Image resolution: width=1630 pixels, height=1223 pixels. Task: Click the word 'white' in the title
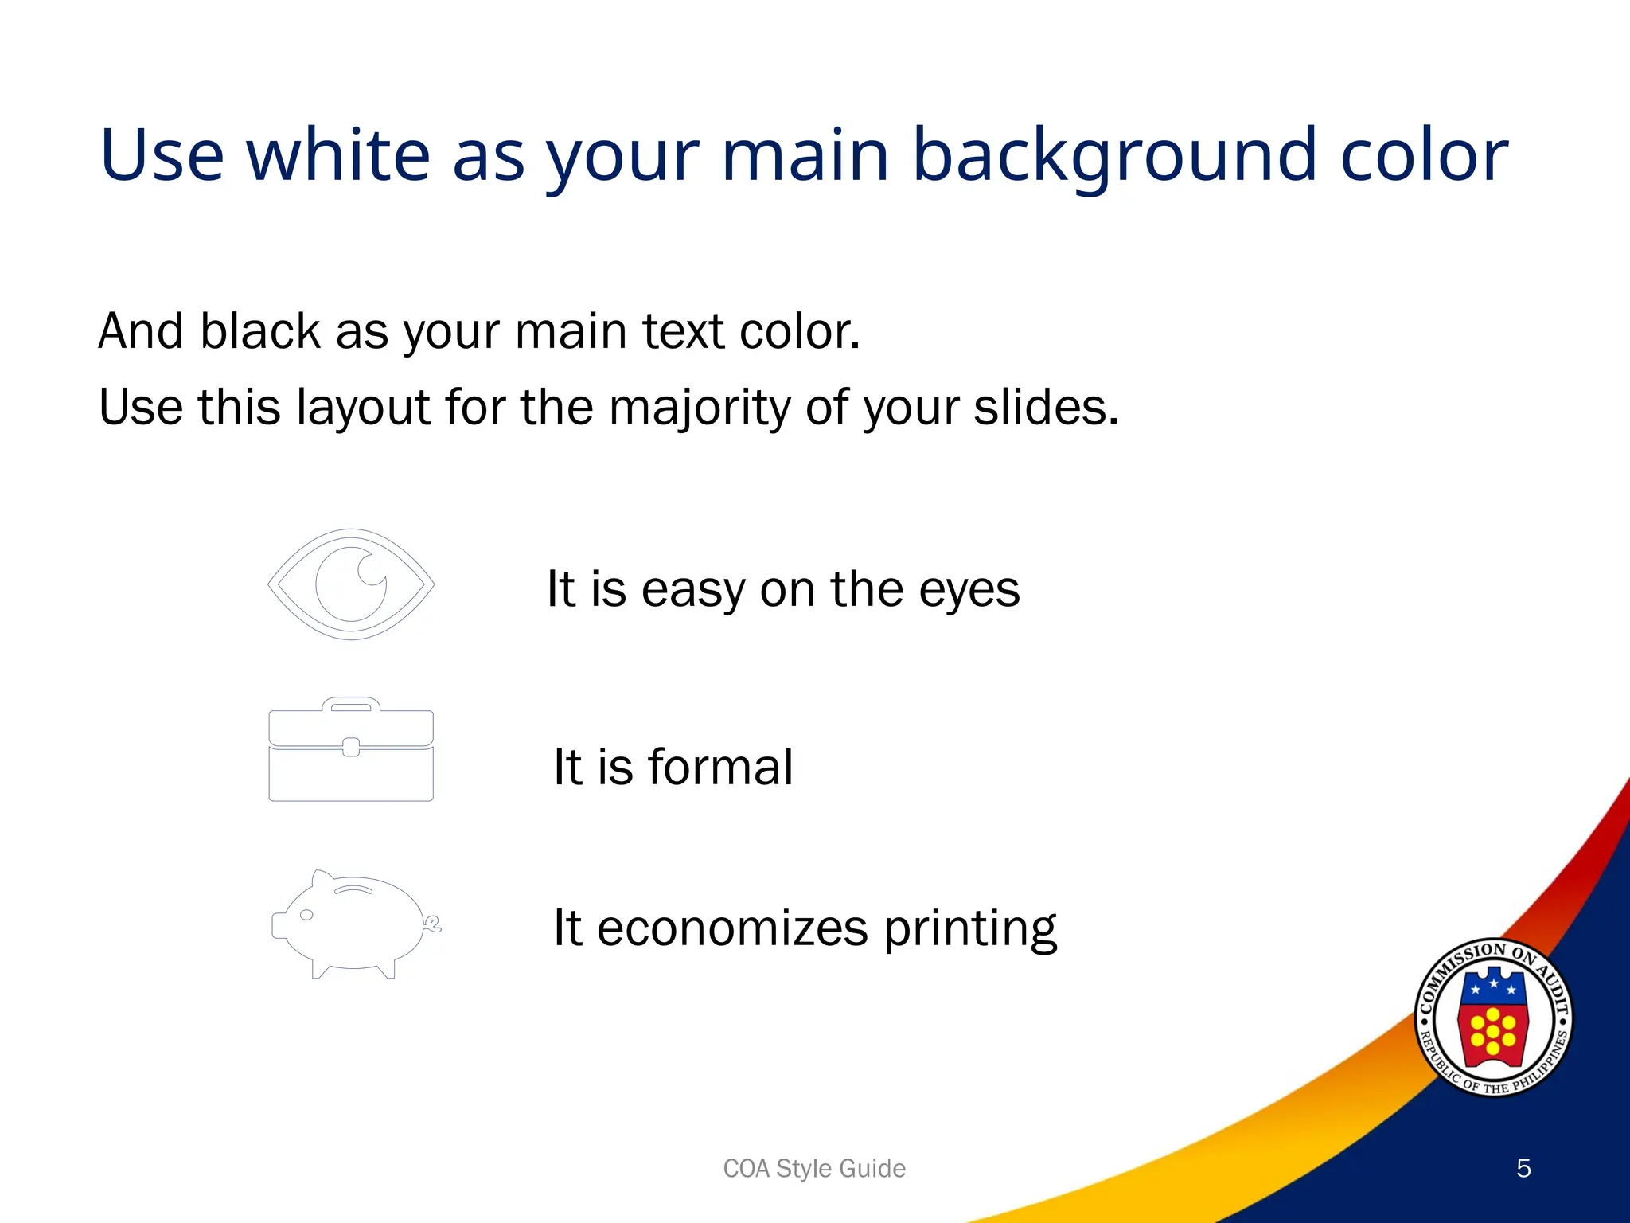point(338,155)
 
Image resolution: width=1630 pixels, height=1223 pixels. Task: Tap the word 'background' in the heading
point(1114,155)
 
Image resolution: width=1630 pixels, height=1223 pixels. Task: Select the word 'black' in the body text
point(259,331)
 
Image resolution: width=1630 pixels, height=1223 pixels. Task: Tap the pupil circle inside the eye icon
point(351,584)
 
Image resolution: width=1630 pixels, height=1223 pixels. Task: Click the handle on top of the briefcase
point(351,705)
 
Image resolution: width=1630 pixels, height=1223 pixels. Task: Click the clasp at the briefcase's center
point(351,747)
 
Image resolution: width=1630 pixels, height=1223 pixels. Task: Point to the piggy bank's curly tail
point(434,924)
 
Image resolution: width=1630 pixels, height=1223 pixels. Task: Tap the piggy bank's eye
point(306,915)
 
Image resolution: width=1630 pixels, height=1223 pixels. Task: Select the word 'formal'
point(720,768)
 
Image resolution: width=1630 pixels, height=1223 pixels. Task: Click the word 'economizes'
point(732,928)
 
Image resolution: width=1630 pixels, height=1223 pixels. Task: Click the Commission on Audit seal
point(1493,1017)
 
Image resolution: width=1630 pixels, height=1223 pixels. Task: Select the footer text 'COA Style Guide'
point(814,1168)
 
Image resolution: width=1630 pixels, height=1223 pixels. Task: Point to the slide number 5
point(1523,1168)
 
